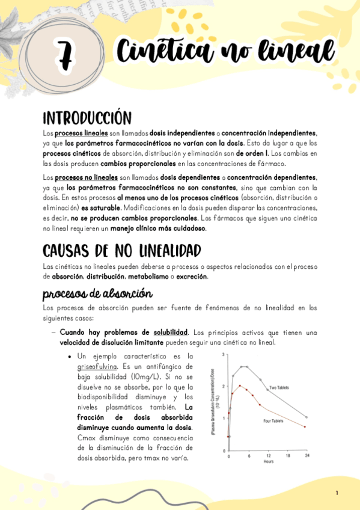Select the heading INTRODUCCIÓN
pyautogui.click(x=87, y=117)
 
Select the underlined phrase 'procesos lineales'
pyautogui.click(x=81, y=133)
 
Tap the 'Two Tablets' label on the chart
pyautogui.click(x=280, y=387)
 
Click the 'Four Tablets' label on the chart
pyautogui.click(x=273, y=421)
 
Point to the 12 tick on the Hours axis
pyautogui.click(x=268, y=456)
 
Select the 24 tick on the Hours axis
pyautogui.click(x=307, y=456)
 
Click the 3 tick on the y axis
pyautogui.click(x=224, y=355)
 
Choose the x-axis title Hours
pyautogui.click(x=268, y=462)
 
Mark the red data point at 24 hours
pyautogui.click(x=306, y=427)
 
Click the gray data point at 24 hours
pyautogui.click(x=307, y=417)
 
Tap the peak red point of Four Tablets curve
pyautogui.click(x=240, y=386)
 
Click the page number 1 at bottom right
pyautogui.click(x=337, y=493)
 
